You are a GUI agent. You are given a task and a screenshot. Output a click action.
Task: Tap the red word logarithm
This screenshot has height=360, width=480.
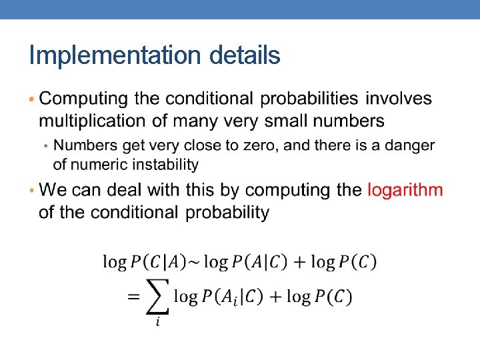pyautogui.click(x=405, y=190)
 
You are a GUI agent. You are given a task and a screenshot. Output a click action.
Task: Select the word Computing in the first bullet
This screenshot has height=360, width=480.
pyautogui.click(x=84, y=99)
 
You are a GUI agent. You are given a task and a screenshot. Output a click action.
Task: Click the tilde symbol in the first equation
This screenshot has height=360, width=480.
pyautogui.click(x=192, y=262)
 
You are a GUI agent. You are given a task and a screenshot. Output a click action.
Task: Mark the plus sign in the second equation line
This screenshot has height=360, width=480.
pyautogui.click(x=275, y=296)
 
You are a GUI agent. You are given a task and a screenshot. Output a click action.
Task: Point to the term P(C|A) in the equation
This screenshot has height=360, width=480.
pyautogui.click(x=157, y=262)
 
